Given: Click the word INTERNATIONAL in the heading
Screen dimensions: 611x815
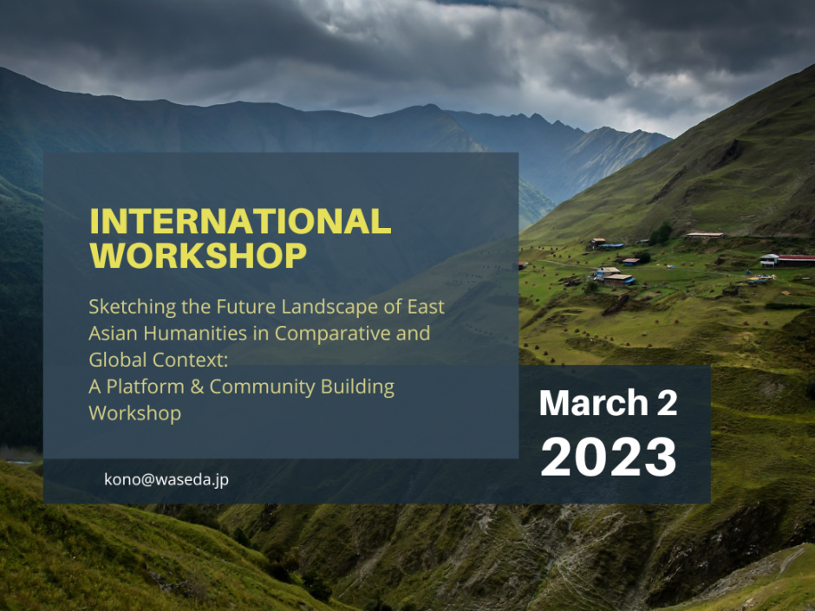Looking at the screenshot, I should click(240, 223).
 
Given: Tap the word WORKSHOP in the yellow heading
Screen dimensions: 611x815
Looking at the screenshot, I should click(198, 256).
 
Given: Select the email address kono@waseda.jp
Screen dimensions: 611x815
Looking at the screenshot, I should click(166, 479).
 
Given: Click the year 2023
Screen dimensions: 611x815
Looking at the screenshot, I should click(609, 457).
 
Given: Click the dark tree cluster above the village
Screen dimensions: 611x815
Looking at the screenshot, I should click(662, 233).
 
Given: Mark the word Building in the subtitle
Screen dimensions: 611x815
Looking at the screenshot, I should click(358, 387).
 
